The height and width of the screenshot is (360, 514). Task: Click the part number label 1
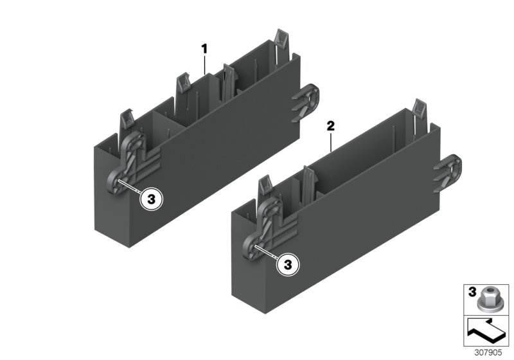(205, 48)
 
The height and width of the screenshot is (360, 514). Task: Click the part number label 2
(331, 127)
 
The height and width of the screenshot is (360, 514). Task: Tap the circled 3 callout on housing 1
(152, 200)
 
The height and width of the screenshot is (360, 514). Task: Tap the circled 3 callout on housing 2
(288, 264)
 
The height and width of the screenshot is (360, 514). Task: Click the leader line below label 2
(331, 142)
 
